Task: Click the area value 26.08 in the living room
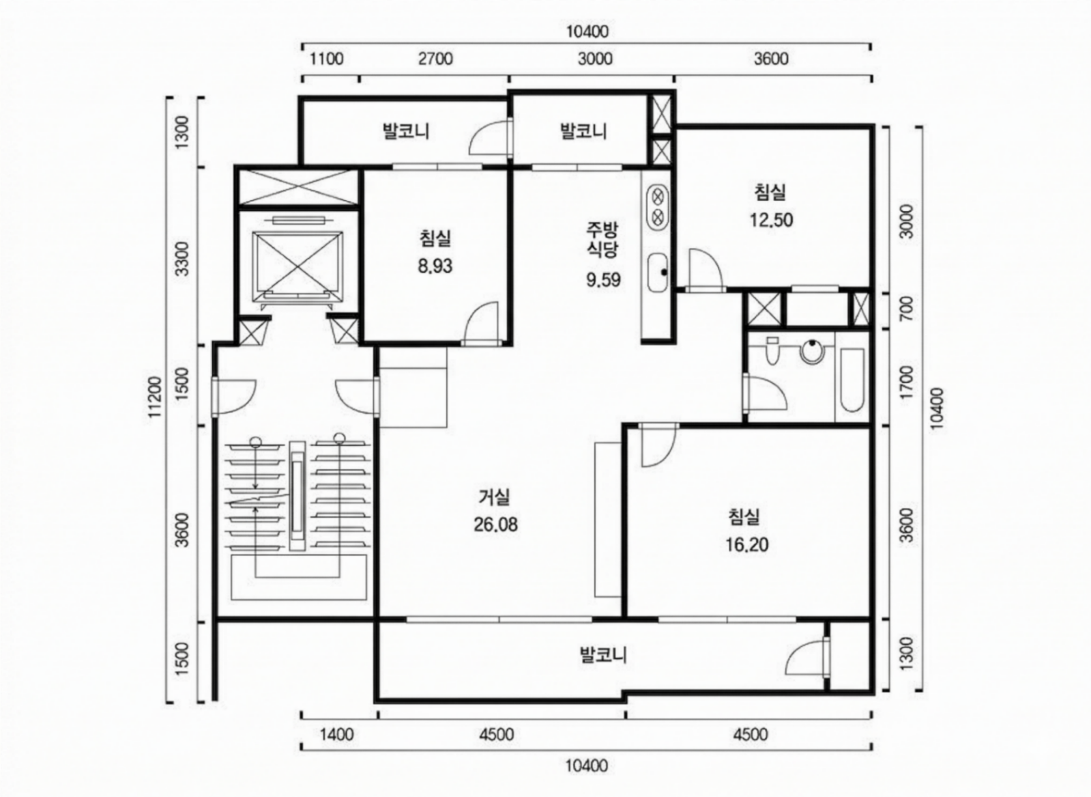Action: coord(495,525)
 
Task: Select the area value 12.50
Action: coord(771,220)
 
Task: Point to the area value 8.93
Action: coord(435,266)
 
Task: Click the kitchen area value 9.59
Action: coord(604,280)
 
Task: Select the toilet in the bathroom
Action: coord(772,350)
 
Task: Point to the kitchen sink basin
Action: coord(658,273)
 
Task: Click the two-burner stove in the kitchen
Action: coord(658,207)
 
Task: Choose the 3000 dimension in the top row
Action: coord(594,59)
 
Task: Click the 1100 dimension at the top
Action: coord(327,59)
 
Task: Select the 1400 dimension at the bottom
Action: coord(337,734)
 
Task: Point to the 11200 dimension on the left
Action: coord(155,397)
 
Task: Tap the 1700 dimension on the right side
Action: coord(907,383)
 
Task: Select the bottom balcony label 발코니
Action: coord(604,655)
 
